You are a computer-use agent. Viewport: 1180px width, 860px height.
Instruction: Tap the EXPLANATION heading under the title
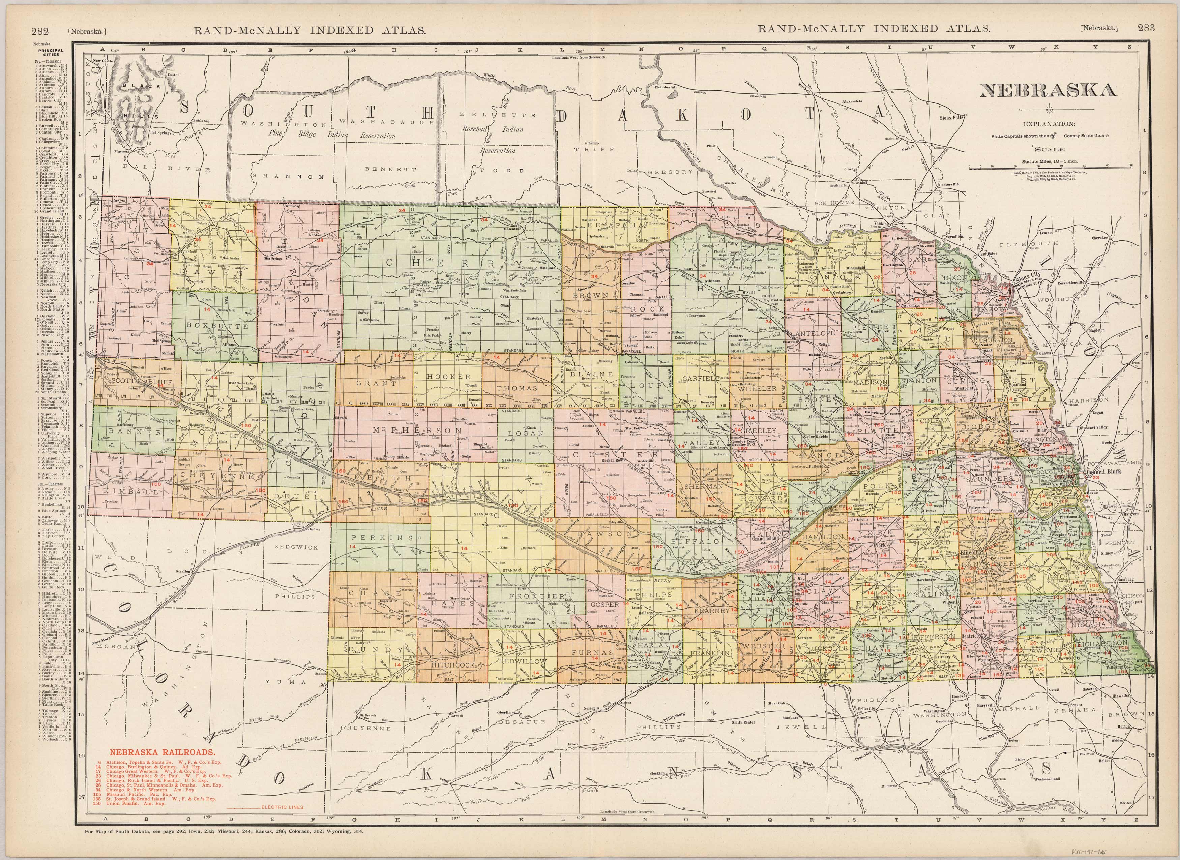[1049, 124]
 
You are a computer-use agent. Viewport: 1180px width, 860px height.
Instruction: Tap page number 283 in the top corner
[1146, 28]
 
